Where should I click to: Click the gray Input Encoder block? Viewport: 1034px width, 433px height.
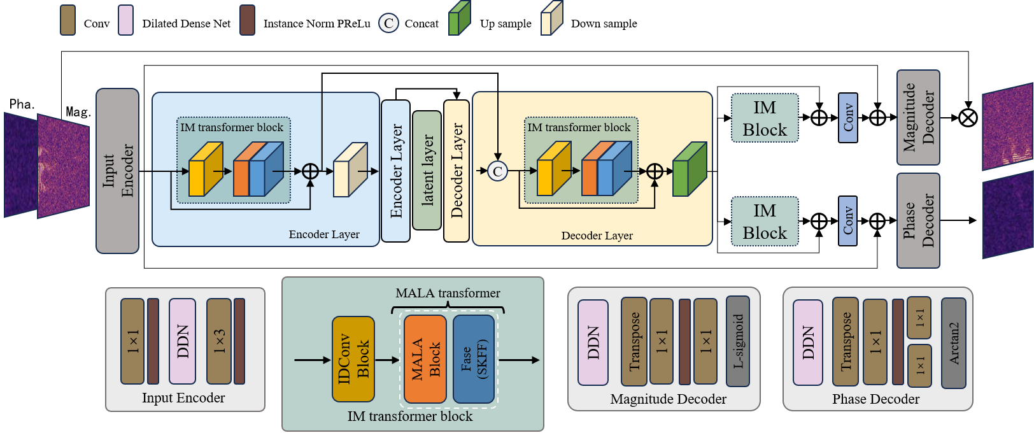(117, 171)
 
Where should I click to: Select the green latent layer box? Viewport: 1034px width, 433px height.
(427, 170)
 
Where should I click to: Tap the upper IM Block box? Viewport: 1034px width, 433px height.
(764, 118)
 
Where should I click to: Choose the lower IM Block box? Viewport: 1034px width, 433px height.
(764, 222)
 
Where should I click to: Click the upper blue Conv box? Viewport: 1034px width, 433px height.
(847, 118)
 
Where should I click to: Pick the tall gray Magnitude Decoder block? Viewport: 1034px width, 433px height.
(918, 118)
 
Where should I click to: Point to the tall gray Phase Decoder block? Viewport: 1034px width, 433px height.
(918, 221)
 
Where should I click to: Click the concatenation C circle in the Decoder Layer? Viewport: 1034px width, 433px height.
(497, 171)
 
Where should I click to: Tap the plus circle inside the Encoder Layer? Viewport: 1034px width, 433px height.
(310, 171)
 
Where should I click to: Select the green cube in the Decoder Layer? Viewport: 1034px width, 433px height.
(689, 170)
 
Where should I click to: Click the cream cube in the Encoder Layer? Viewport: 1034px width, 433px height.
(350, 170)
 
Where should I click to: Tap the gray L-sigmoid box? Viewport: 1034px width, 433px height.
(737, 341)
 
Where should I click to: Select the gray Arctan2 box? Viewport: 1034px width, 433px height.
(953, 343)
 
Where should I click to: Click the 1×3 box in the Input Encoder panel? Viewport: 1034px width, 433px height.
(218, 341)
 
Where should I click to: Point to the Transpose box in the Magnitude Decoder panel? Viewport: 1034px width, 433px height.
(634, 341)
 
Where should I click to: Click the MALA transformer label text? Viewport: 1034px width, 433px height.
(448, 293)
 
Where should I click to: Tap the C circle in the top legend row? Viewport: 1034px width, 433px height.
(388, 24)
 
